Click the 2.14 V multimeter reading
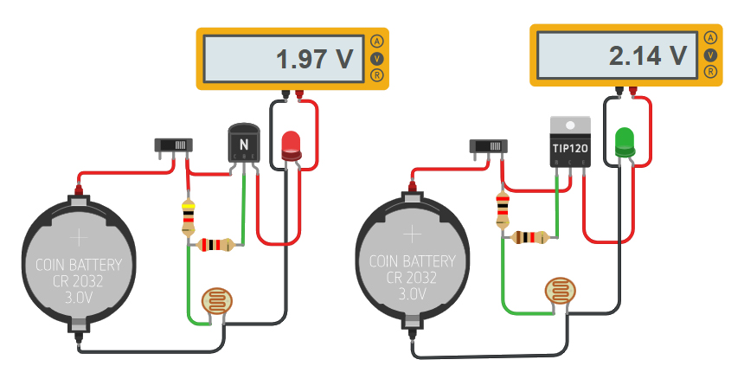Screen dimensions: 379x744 pos(648,56)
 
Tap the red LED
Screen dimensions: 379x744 pos(292,145)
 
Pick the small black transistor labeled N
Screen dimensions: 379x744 pos(243,144)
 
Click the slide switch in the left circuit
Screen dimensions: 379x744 pos(170,145)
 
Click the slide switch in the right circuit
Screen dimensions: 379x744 pos(486,145)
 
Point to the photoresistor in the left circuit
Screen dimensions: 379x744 pos(215,300)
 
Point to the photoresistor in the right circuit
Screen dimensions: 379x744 pos(559,290)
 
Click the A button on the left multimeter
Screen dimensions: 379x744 pos(376,42)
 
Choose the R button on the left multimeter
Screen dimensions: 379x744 pos(376,75)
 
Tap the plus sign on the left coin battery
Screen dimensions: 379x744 pos(79,236)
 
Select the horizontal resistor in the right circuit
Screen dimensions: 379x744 pos(529,237)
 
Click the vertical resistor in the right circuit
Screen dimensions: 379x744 pos(502,210)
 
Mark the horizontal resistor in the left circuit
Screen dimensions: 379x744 pos(215,245)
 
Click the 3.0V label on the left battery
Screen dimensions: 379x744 pos(79,297)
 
